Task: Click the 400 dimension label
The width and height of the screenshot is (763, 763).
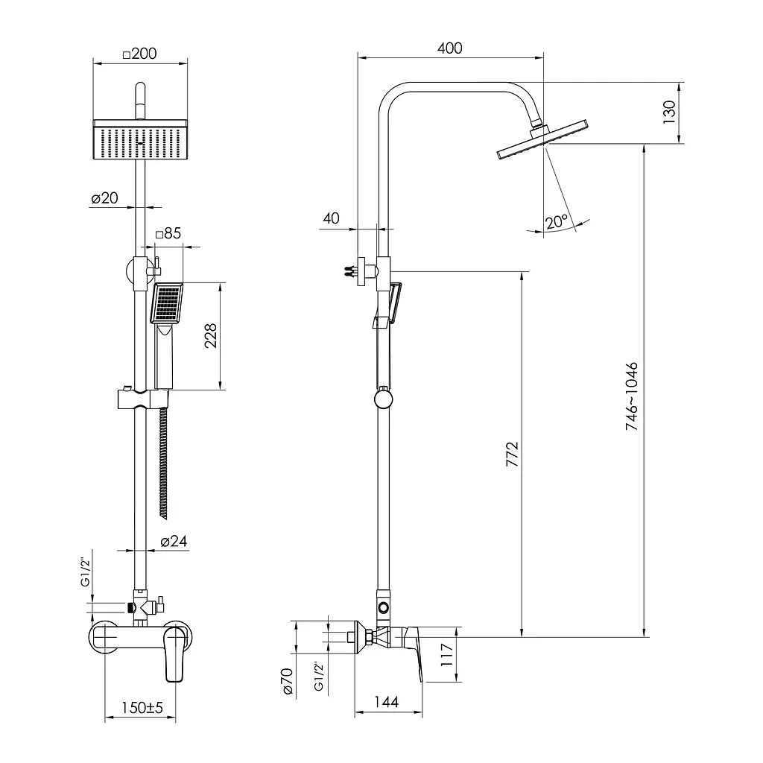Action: [x=449, y=48]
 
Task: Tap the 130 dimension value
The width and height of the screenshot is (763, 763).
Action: [x=669, y=112]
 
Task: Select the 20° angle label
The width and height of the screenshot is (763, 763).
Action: [x=557, y=221]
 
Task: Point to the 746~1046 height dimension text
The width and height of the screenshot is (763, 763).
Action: [x=632, y=396]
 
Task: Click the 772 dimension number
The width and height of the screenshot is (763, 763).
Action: [x=513, y=454]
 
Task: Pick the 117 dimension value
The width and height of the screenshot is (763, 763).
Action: [x=447, y=654]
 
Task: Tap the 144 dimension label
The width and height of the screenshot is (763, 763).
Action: [x=387, y=702]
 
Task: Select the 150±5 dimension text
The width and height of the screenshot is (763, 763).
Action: [x=142, y=707]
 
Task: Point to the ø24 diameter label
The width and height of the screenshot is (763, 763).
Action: [x=174, y=541]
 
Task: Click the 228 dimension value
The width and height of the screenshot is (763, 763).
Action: [x=211, y=336]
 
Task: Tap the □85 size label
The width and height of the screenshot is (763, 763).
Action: [x=168, y=233]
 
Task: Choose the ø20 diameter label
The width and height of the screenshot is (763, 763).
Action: [x=104, y=197]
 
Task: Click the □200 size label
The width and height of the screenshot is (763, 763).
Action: [x=139, y=54]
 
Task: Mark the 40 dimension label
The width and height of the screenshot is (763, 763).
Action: [x=332, y=218]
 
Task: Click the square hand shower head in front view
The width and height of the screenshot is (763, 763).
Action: [x=167, y=303]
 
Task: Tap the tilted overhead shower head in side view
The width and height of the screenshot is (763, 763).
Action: [x=542, y=139]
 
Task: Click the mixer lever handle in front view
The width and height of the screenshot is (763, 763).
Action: [x=174, y=653]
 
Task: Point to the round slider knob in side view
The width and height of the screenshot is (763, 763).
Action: [x=384, y=399]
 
